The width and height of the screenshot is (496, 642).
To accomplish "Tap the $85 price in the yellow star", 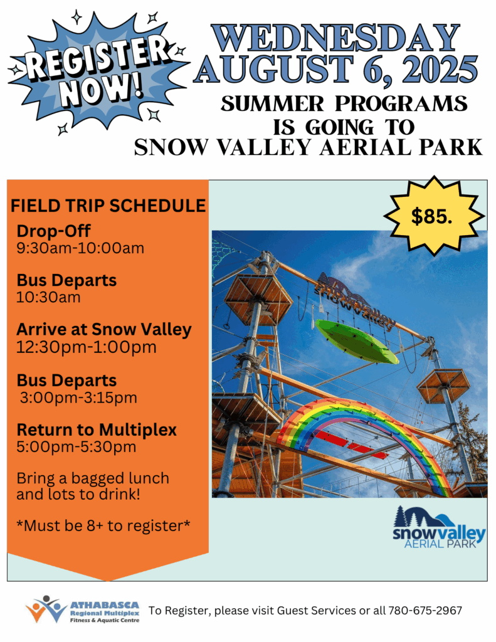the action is point(431,216).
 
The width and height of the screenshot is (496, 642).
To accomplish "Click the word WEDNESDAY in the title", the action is point(335,38).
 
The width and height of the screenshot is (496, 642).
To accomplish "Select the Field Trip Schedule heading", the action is point(108,206).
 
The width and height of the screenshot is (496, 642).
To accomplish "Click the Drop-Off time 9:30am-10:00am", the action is point(80,248).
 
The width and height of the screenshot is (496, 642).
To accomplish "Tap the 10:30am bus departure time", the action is point(48,297).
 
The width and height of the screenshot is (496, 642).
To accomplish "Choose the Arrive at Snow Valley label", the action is point(104,330).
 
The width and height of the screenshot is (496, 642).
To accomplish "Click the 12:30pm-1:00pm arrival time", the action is point(87,347).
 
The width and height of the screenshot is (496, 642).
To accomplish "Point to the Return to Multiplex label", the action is point(97,430).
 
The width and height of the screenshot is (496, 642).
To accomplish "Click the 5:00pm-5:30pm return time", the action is point(76,446).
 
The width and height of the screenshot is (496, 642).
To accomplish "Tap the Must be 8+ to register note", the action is point(103,526).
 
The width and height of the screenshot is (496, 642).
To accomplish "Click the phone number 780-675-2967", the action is point(425,611).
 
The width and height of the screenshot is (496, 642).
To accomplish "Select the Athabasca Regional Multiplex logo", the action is point(83,610).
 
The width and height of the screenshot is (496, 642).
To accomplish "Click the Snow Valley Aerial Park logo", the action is point(439,527).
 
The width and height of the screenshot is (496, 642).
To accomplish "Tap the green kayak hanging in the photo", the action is point(357,342).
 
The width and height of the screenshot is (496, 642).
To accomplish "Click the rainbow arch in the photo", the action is point(364,434).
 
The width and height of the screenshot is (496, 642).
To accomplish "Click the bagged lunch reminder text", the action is point(93,486).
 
